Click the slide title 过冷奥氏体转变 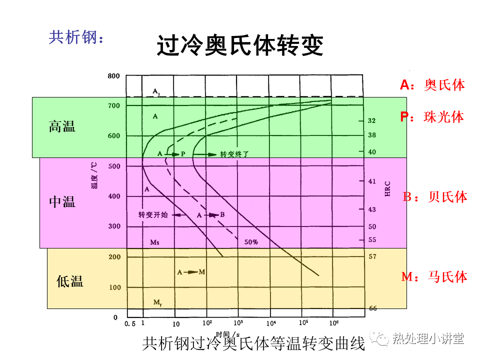point(240,45)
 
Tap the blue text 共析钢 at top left point(76,37)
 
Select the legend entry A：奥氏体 point(432,85)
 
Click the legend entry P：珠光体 point(432,117)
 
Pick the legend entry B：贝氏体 point(435,197)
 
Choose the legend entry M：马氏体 point(434,276)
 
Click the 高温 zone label point(62,126)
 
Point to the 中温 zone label point(62,202)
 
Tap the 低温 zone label point(70,281)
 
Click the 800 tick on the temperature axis point(114,76)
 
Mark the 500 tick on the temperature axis point(114,166)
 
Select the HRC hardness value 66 point(372,308)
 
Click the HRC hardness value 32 point(371,121)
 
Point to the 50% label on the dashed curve point(251,242)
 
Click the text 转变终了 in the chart point(234,154)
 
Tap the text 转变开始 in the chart point(153,215)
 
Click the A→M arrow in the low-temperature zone point(191,272)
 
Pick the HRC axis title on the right point(387,188)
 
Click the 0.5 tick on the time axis point(130,323)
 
